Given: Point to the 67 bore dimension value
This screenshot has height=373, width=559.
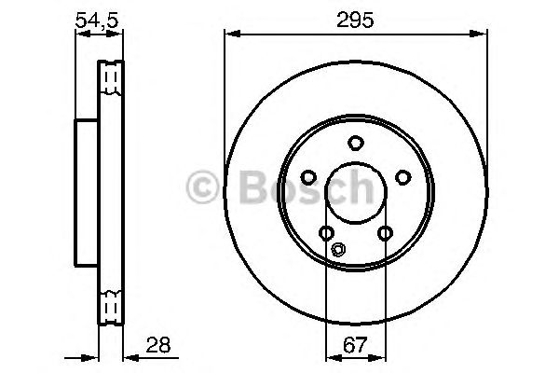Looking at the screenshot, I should pyautogui.click(x=355, y=346).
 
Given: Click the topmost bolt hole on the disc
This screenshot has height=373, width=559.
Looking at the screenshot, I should pyautogui.click(x=355, y=143).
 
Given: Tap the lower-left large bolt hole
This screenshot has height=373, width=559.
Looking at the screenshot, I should pyautogui.click(x=325, y=233).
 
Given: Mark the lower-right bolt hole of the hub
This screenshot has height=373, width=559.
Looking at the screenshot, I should pyautogui.click(x=384, y=233).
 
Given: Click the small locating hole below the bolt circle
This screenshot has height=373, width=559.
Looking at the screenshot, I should pyautogui.click(x=339, y=249).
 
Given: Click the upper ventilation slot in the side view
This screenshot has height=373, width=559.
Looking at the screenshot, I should pyautogui.click(x=111, y=78).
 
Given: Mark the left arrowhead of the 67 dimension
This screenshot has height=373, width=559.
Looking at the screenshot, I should pyautogui.click(x=329, y=357).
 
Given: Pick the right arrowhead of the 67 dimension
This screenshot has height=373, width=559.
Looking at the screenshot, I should pyautogui.click(x=380, y=357).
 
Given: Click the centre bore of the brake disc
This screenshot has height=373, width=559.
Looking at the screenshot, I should pyautogui.click(x=355, y=193).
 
